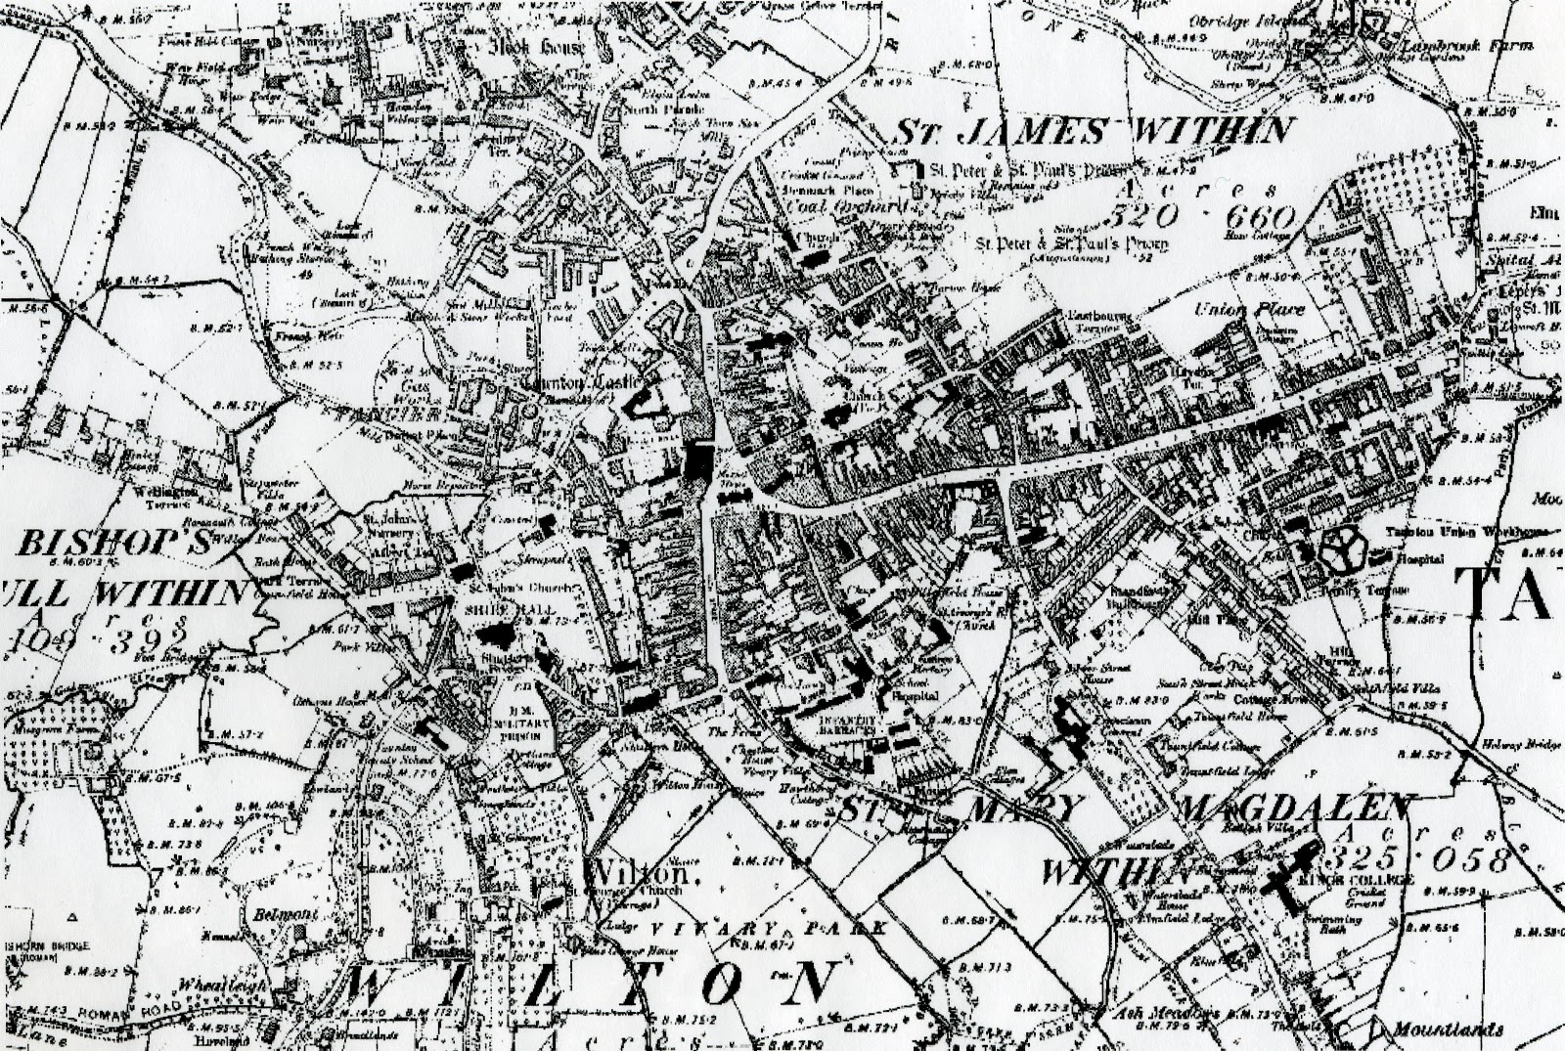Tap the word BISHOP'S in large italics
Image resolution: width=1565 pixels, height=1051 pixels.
coord(114,546)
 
